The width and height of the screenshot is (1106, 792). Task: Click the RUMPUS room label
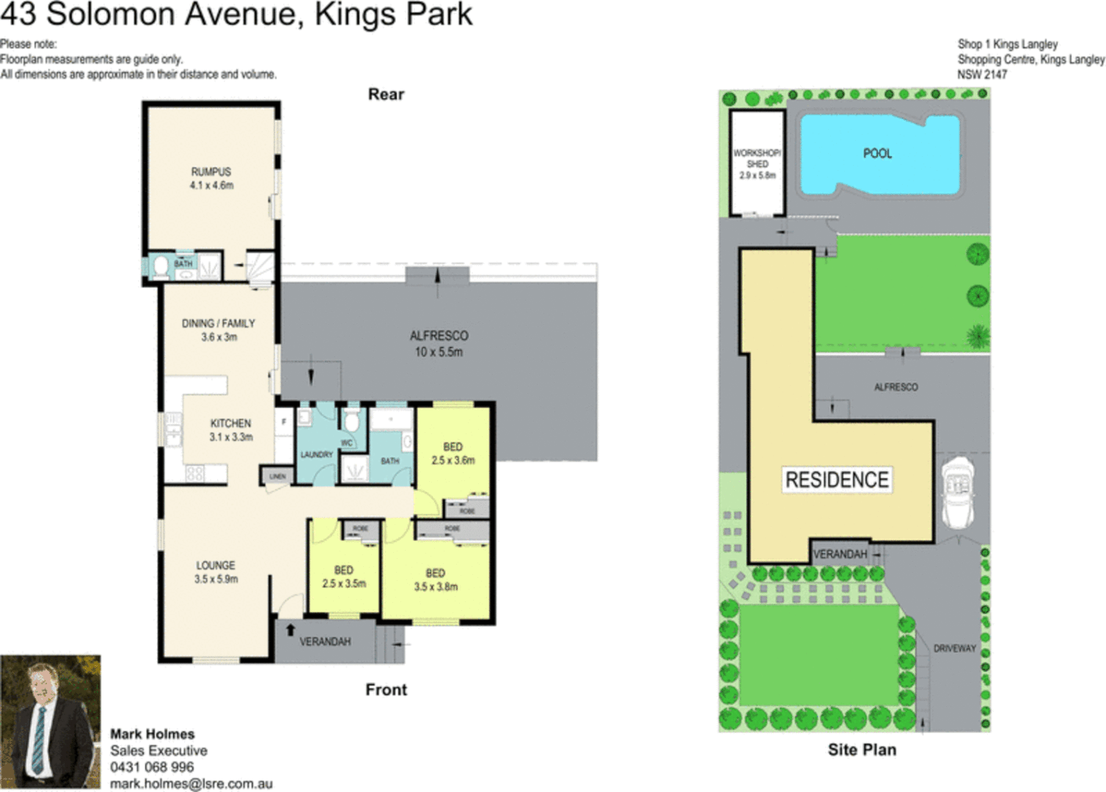pos(211,178)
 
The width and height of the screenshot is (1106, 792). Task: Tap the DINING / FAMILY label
pos(219,330)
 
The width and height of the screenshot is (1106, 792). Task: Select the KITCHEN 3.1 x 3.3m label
pos(230,430)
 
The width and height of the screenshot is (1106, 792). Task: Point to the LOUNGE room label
pos(216,572)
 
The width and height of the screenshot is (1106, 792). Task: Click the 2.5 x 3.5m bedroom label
pos(343,576)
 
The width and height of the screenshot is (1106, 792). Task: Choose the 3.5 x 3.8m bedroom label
pos(436,579)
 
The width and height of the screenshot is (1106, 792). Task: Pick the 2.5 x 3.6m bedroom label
pos(453,453)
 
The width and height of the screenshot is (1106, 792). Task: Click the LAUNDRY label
pos(316,455)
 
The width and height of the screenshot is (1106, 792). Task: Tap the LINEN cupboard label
pos(277,477)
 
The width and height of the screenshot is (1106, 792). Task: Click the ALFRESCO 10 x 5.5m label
pos(439,343)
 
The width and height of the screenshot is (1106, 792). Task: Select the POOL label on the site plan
pos(877,153)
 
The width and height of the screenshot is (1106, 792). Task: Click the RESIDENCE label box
pos(837,480)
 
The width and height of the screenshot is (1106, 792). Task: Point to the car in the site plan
pos(957,491)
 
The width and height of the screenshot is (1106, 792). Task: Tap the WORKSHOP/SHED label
pos(757,164)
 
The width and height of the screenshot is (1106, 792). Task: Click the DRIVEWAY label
pos(954,648)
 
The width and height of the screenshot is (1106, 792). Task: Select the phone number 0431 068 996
pos(152,767)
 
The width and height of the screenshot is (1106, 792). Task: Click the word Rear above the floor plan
pos(386,95)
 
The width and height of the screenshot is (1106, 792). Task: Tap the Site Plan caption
pos(862,749)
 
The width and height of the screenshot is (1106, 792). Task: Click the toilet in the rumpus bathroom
pos(160,267)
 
